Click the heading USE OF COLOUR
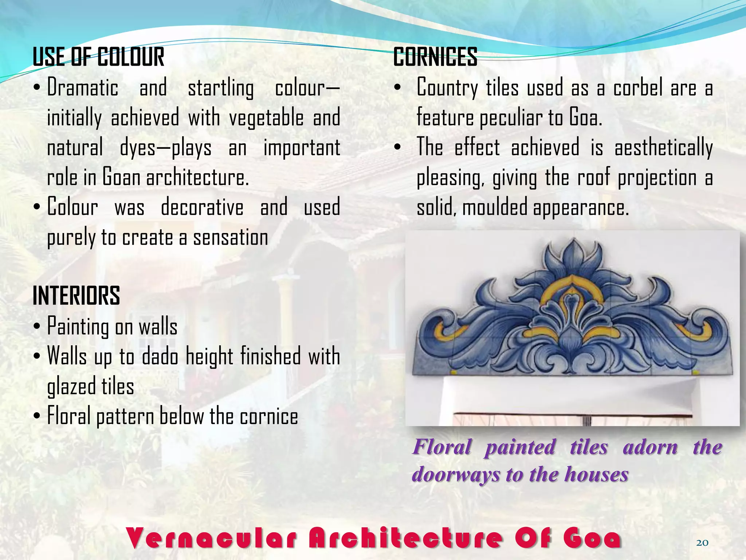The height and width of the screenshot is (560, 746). point(98,57)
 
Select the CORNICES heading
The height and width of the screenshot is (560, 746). point(435,57)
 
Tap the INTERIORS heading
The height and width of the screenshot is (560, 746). point(76,296)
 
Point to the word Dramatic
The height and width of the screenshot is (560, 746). point(83,88)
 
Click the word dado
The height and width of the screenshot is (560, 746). point(160,356)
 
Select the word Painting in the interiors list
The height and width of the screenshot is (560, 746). point(78,326)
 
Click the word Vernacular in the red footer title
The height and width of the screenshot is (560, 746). point(211,538)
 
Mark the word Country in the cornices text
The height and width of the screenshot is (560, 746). point(447,88)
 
